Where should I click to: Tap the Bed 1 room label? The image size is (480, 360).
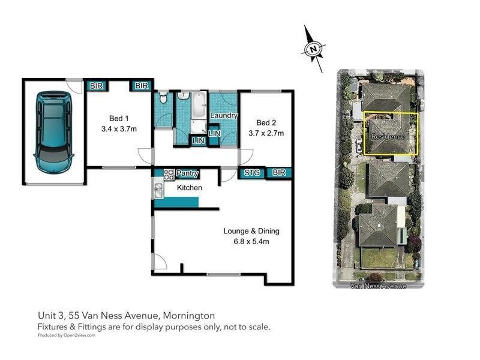(119, 118)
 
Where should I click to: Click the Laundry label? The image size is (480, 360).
(224, 115)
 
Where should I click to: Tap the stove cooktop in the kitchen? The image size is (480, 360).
(169, 174)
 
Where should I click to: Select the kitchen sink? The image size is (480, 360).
(158, 191)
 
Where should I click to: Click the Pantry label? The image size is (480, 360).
(187, 174)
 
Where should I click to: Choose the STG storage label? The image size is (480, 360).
(251, 173)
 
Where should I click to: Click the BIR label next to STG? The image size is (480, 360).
(279, 173)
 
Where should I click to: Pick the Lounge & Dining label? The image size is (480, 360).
(251, 231)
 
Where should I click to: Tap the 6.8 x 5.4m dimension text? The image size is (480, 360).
(251, 242)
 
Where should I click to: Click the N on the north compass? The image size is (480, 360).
(312, 50)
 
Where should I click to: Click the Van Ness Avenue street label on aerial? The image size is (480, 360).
(378, 286)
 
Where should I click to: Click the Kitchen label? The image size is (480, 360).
(189, 188)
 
